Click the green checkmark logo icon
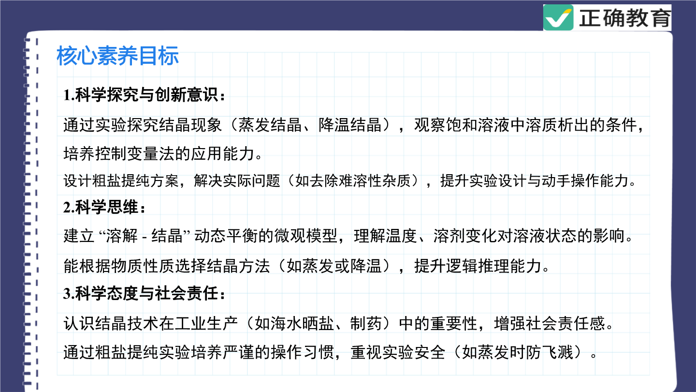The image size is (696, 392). tap(558, 18)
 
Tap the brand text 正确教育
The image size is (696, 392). tap(624, 18)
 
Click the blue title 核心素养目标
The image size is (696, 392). tap(117, 56)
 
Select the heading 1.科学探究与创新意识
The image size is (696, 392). tap(144, 95)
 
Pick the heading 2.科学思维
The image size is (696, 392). tap(104, 207)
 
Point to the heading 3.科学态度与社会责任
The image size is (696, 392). tap(144, 293)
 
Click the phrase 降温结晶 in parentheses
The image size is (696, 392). tap(350, 125)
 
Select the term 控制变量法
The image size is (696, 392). tap(135, 154)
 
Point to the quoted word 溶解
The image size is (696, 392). tap(121, 236)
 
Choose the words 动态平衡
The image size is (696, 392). tap(226, 236)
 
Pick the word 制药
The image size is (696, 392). tap(366, 324)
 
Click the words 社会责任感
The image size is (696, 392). tap(565, 324)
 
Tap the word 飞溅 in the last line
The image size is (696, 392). tap(557, 352)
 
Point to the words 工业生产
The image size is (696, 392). tap(207, 324)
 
